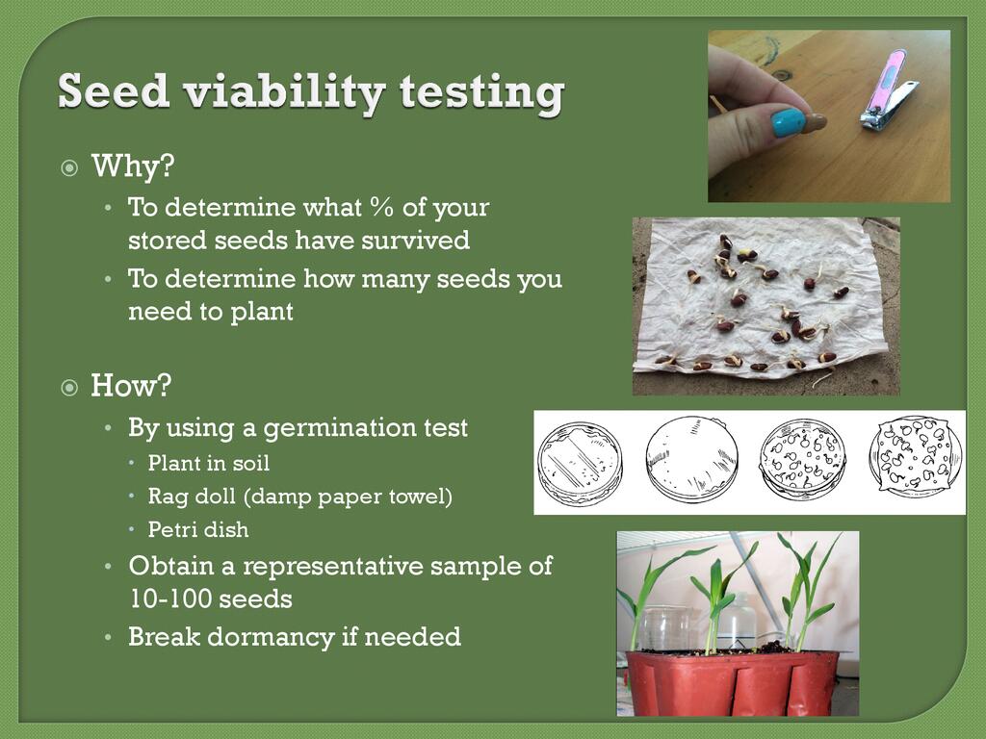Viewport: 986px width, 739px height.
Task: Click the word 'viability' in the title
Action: [x=285, y=92]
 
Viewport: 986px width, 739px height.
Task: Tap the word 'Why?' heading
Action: [x=133, y=166]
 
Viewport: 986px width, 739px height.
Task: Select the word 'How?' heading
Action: [x=131, y=385]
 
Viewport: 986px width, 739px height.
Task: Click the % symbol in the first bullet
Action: [x=381, y=207]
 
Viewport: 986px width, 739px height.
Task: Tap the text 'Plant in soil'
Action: [x=209, y=463]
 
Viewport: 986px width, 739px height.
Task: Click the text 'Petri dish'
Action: [x=198, y=530]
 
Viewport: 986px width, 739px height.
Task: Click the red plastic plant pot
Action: [x=732, y=683]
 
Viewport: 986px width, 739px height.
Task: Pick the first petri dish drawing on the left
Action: [x=580, y=463]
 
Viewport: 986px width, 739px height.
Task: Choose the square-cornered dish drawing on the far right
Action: [x=916, y=456]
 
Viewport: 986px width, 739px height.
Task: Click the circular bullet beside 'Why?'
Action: [x=69, y=168]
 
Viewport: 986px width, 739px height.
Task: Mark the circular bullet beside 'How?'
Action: [x=69, y=388]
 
